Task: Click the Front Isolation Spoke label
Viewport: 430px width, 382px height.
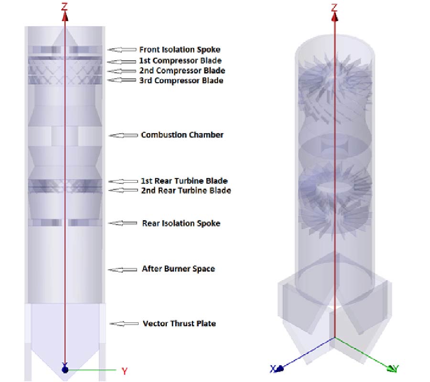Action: pos(180,50)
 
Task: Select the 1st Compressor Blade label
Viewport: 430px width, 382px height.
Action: pos(180,61)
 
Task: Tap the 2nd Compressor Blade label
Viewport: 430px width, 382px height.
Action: pos(182,71)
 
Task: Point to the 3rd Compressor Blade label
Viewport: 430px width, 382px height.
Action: pos(181,81)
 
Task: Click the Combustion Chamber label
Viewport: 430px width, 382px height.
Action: pos(182,135)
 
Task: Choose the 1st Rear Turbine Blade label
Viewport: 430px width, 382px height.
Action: pos(184,181)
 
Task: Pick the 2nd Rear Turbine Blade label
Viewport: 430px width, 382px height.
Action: pos(186,191)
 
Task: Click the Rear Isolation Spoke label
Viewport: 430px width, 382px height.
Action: pos(181,223)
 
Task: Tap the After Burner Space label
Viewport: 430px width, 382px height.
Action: pos(178,269)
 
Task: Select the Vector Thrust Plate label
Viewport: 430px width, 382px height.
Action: pos(179,324)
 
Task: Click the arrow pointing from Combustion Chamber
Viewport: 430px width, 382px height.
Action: pos(123,136)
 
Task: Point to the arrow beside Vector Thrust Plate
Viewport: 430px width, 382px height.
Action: pos(124,324)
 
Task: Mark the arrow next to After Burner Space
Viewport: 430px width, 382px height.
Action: pos(122,270)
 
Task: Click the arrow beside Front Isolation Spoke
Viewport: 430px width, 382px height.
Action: pos(122,50)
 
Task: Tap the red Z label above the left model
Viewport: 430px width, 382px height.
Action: pos(64,6)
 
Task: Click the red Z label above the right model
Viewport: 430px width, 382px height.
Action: pos(334,7)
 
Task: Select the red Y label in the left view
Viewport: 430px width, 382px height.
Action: pos(125,371)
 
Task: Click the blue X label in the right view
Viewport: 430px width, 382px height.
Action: pos(273,369)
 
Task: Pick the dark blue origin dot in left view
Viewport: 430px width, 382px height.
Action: pos(65,370)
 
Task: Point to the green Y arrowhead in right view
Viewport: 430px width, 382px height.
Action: pos(391,369)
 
